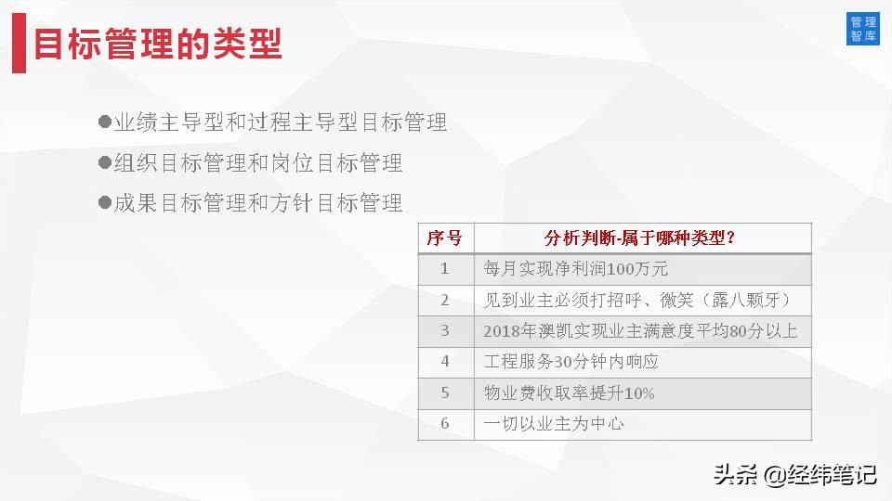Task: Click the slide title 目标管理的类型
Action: point(158,45)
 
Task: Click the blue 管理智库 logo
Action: point(863,29)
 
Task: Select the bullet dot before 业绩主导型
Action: point(104,122)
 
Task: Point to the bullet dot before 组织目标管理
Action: point(104,162)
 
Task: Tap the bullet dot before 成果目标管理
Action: point(104,201)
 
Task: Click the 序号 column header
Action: point(445,238)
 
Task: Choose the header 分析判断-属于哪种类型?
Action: point(642,238)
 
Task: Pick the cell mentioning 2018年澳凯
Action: point(640,330)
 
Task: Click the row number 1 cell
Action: point(445,269)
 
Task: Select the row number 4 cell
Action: point(445,362)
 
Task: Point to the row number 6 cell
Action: point(445,424)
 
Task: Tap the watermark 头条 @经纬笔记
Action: point(794,475)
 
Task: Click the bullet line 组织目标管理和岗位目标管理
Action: point(258,163)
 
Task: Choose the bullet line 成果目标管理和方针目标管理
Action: point(258,202)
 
